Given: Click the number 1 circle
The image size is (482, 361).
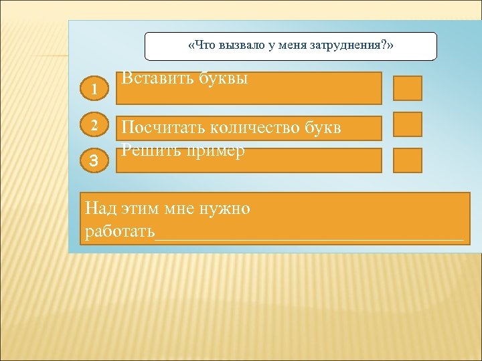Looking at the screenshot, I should [x=96, y=88].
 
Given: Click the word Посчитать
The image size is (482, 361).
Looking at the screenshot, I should [x=163, y=128].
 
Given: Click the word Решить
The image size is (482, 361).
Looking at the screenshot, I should [x=146, y=150].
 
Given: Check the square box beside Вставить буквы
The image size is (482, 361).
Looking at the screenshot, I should [x=407, y=88].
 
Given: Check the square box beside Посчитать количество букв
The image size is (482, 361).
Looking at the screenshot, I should [x=407, y=124].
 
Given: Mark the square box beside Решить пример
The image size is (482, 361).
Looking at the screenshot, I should [x=407, y=160].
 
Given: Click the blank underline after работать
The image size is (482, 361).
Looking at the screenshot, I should [x=309, y=236].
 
